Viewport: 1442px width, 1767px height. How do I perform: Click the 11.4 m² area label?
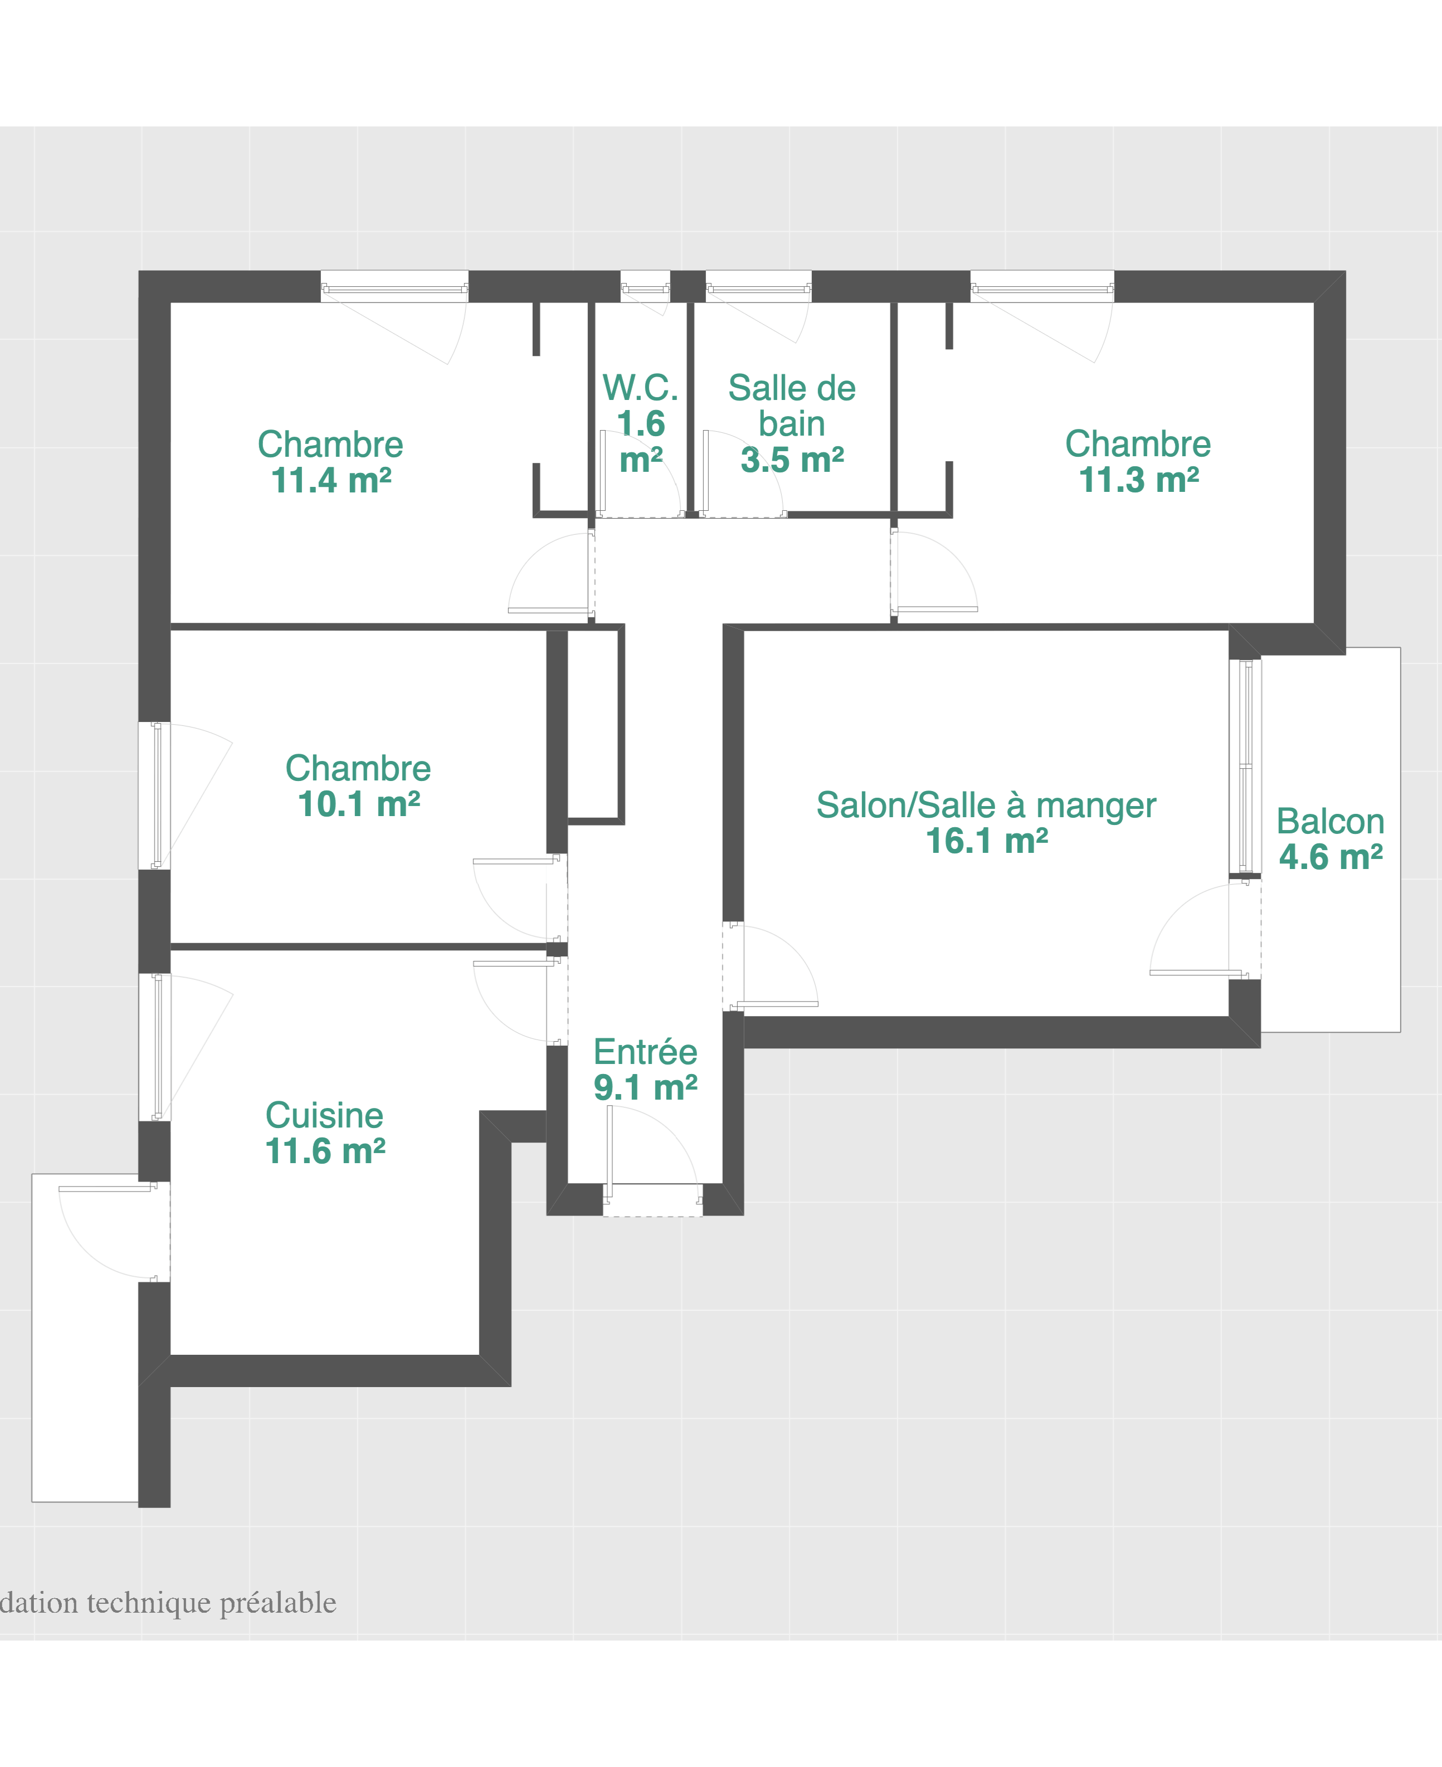(330, 481)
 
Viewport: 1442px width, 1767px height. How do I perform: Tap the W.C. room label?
(640, 388)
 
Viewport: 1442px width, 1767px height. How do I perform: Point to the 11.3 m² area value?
(1138, 480)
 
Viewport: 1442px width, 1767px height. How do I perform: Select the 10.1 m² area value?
(359, 804)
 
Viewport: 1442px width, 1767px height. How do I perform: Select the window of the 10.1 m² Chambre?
(156, 795)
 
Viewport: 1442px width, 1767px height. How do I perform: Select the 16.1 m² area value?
(986, 841)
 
